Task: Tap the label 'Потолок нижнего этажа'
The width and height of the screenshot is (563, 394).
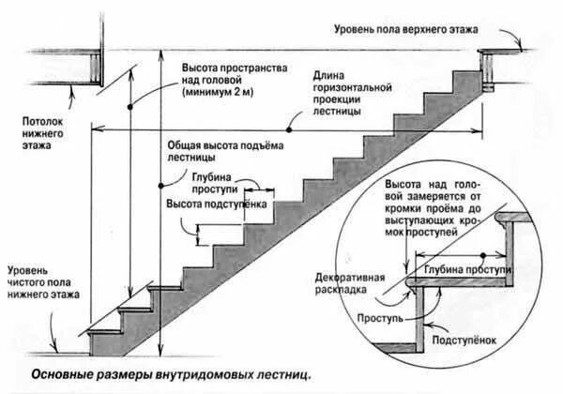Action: pos(42,133)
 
